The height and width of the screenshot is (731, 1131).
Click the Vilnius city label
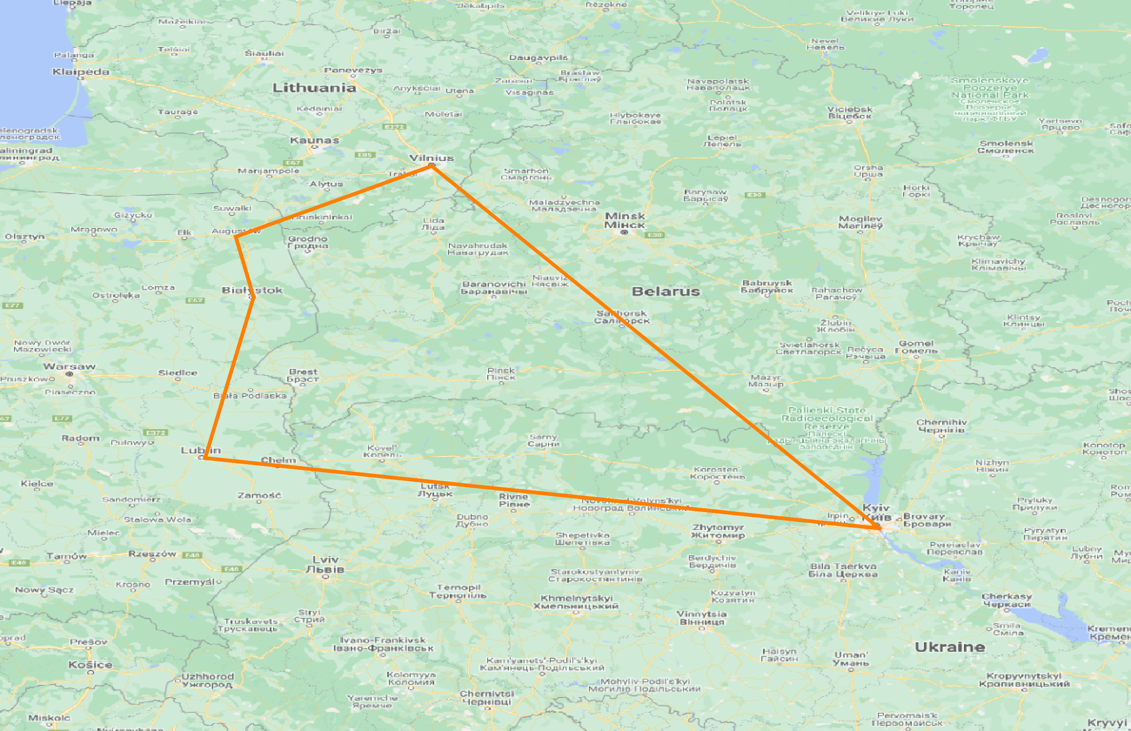(x=431, y=158)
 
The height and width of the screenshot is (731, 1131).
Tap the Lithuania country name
(x=314, y=88)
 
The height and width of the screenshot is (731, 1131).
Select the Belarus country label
(x=666, y=292)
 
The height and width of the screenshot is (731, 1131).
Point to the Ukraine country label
(x=950, y=647)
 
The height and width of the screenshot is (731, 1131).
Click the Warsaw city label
(x=69, y=366)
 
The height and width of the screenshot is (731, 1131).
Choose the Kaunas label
(x=315, y=140)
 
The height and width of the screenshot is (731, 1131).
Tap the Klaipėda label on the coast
(x=80, y=72)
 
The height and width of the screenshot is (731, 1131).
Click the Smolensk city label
(x=1006, y=147)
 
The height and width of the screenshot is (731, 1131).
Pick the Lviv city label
(x=325, y=564)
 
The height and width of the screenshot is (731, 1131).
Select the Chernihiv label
(x=941, y=426)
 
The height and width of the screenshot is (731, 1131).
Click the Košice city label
(x=90, y=664)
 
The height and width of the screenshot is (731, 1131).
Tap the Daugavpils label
(x=538, y=57)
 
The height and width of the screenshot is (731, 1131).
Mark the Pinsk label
(x=501, y=374)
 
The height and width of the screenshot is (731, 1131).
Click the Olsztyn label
(x=25, y=236)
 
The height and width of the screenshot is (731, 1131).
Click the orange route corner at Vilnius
(x=432, y=166)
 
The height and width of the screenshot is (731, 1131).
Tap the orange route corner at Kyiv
(x=880, y=528)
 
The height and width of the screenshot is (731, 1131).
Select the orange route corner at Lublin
(x=204, y=458)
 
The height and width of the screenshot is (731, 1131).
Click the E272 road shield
(x=394, y=127)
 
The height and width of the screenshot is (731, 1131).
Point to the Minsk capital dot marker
(x=624, y=232)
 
